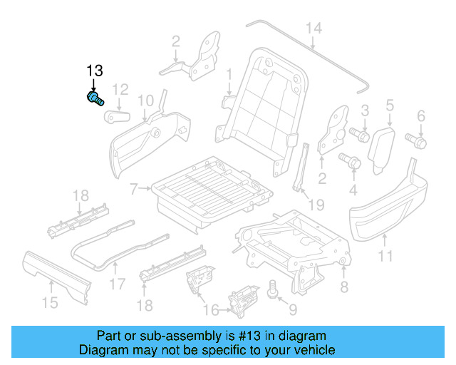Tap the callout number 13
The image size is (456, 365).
pos(94,71)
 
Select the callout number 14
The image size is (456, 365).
pos(313,28)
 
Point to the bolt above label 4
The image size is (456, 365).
pos(350,160)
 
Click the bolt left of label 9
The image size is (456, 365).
pos(271,289)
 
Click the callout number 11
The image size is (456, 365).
pos(385,256)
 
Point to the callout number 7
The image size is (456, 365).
pos(133,190)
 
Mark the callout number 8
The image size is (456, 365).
pos(344,287)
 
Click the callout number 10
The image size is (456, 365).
pos(145,100)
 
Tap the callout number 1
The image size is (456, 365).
pos(229,75)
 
